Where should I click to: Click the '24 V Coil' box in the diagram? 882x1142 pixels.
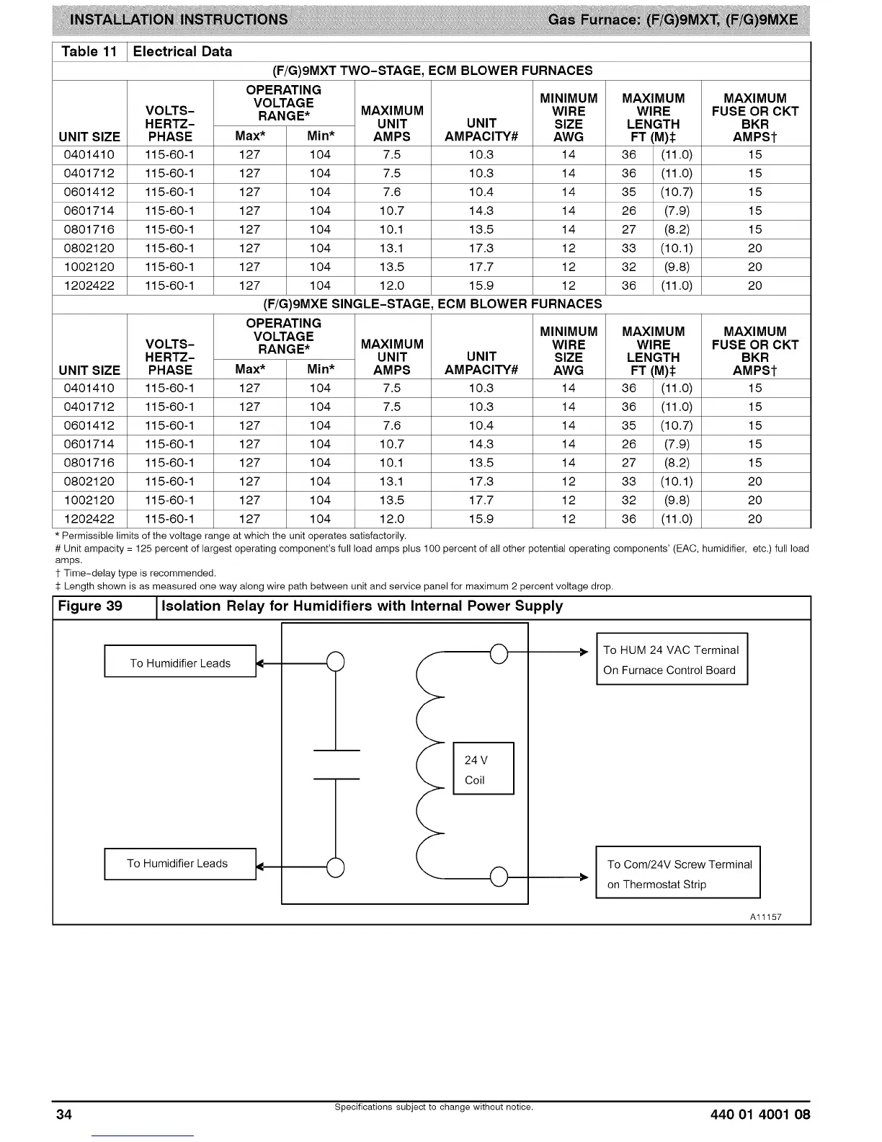point(483,769)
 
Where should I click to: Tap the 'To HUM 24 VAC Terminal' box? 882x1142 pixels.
point(672,659)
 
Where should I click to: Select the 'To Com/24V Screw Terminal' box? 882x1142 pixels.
point(677,872)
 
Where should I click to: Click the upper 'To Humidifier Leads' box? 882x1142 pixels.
point(180,662)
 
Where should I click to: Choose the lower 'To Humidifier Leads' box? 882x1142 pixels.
point(180,864)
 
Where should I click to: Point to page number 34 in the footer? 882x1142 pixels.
point(65,1115)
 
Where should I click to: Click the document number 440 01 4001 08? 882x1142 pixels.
point(759,1115)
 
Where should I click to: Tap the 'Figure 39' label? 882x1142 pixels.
point(90,606)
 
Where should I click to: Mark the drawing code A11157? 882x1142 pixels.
point(765,917)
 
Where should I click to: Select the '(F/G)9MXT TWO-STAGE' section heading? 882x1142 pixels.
point(432,71)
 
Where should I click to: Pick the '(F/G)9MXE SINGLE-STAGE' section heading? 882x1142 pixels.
point(432,304)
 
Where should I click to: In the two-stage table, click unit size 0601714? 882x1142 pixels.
point(89,211)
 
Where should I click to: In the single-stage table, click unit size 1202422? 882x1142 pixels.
point(89,519)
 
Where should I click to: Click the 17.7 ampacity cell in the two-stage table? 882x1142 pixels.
point(481,267)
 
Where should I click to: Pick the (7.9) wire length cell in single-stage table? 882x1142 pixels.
point(677,445)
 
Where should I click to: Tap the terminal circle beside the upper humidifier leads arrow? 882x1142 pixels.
point(335,661)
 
